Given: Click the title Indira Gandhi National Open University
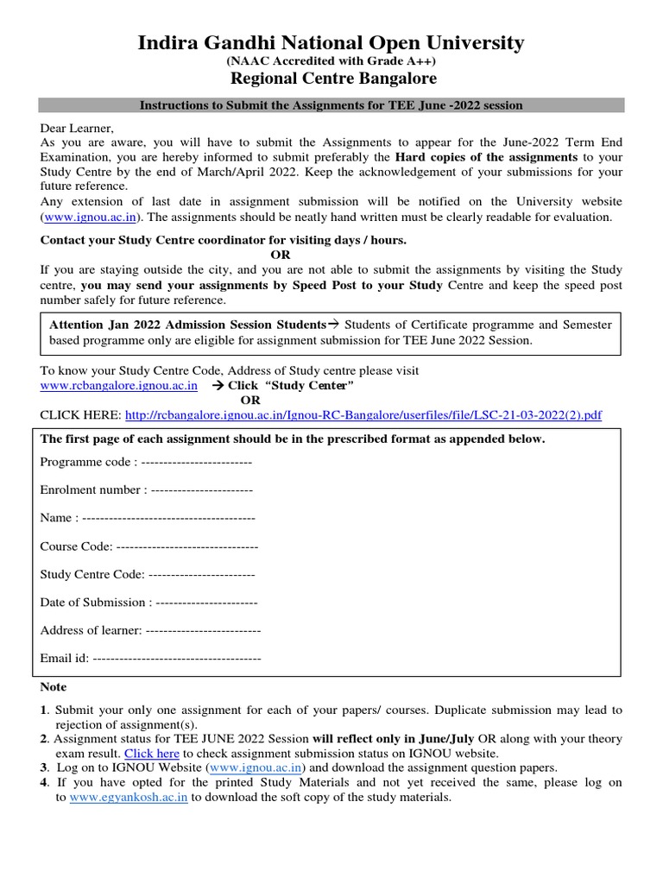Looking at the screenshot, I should (x=331, y=42).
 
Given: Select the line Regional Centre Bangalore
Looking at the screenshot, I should (x=332, y=79).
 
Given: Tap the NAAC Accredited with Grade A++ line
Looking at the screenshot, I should (x=331, y=61).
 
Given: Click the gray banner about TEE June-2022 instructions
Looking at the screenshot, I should (x=331, y=105).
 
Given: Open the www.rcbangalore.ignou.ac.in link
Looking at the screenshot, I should (x=119, y=385).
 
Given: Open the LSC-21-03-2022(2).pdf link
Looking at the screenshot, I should (x=363, y=415).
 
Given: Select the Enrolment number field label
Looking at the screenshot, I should (x=94, y=489).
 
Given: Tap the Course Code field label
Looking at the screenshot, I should (x=76, y=546).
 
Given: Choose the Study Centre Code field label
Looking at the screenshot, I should (x=93, y=574).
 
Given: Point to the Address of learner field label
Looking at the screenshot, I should (x=91, y=630).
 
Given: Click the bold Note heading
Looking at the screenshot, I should (x=54, y=687).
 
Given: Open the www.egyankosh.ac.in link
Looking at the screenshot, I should (x=129, y=798).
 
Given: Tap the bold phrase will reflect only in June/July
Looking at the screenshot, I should (x=394, y=739).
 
